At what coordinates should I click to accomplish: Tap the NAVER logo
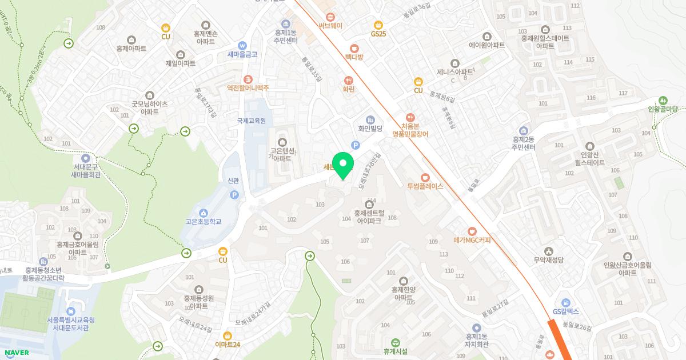pyautogui.click(x=15, y=353)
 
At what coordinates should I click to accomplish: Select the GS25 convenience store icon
pyautogui.click(x=378, y=25)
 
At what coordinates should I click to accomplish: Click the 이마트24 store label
pyautogui.click(x=228, y=344)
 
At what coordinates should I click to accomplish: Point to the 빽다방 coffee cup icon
pyautogui.click(x=354, y=49)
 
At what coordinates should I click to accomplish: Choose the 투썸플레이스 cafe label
pyautogui.click(x=425, y=186)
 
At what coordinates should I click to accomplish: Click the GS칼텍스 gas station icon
pyautogui.click(x=566, y=302)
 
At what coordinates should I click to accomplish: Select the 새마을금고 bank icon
pyautogui.click(x=242, y=45)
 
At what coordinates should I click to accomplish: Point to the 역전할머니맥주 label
pyautogui.click(x=248, y=88)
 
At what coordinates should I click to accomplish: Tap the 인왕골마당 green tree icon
pyautogui.click(x=663, y=100)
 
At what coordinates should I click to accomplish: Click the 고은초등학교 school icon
pyautogui.click(x=204, y=213)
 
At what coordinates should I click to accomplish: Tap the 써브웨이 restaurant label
pyautogui.click(x=330, y=26)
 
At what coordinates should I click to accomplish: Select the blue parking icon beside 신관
pyautogui.click(x=233, y=195)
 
